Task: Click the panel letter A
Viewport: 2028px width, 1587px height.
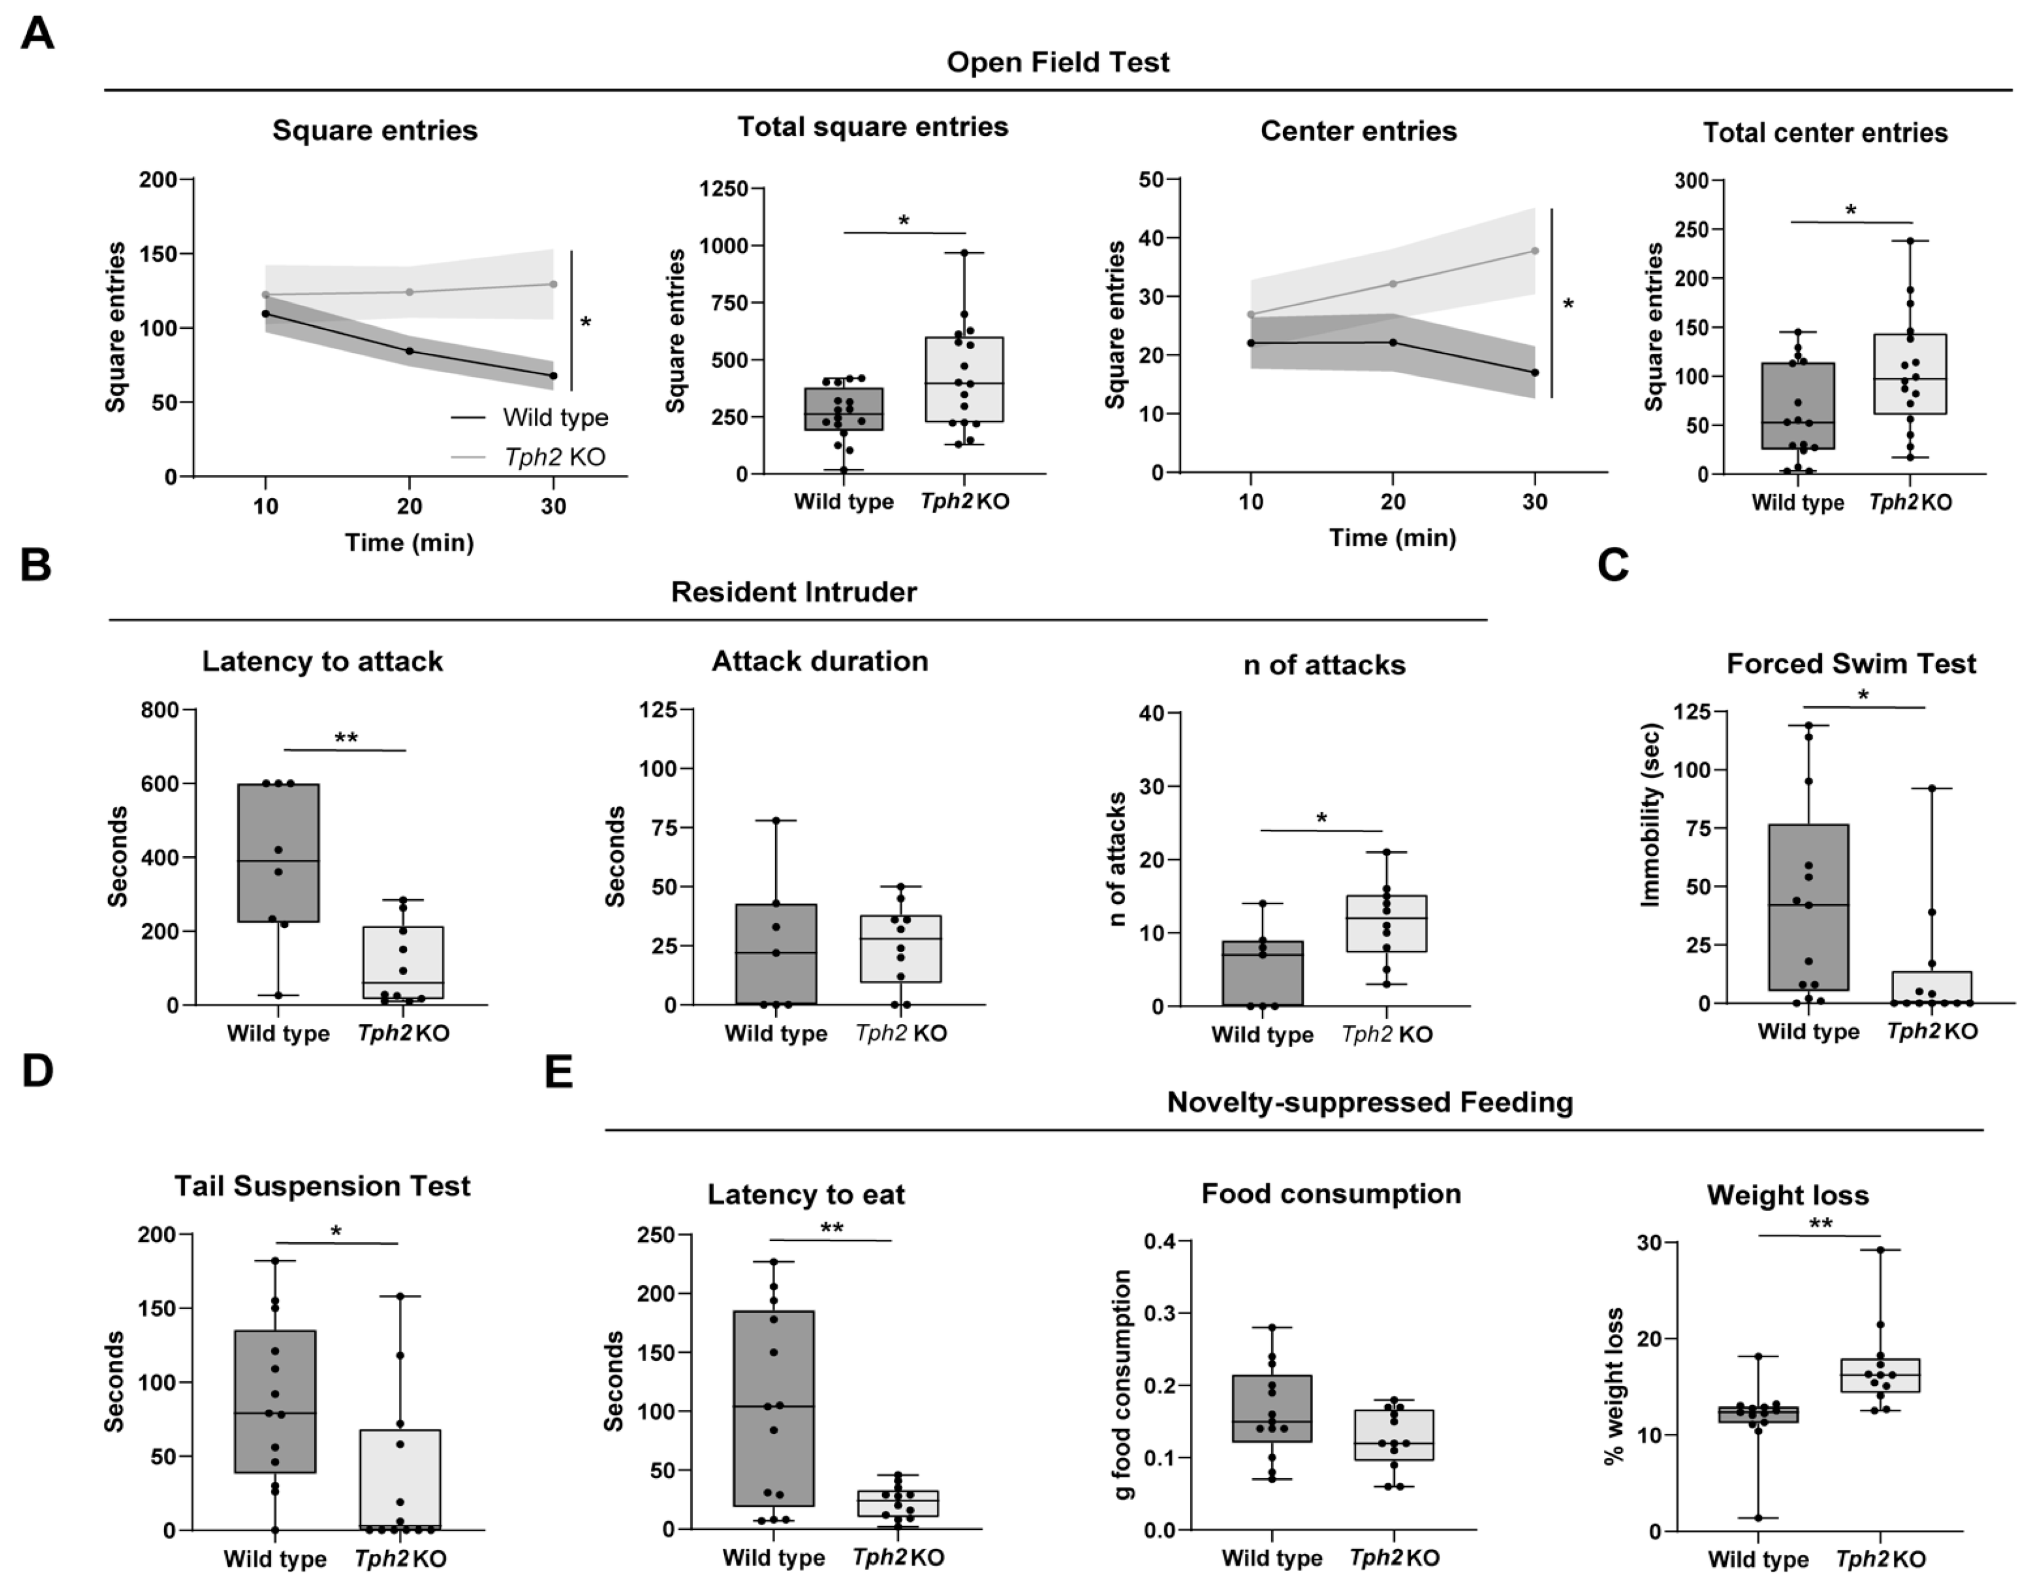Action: (37, 34)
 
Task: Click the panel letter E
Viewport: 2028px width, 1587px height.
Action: (559, 1073)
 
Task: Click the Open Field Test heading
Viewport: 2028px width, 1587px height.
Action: (1058, 62)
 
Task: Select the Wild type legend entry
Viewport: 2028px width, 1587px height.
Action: (530, 417)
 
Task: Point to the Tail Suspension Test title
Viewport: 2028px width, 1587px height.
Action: (323, 1186)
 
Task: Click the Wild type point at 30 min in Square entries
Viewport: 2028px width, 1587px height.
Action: (554, 376)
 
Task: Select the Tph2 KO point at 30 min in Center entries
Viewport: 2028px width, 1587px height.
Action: (1534, 251)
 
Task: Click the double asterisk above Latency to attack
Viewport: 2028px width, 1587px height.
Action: (345, 739)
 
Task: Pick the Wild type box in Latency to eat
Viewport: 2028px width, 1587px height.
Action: (774, 1409)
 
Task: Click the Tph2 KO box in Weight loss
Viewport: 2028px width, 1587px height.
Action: (1879, 1375)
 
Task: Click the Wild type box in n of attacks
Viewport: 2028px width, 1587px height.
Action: (1262, 973)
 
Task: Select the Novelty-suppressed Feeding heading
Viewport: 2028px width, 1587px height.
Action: (1370, 1102)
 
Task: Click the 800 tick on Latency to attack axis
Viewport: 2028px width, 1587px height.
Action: (160, 710)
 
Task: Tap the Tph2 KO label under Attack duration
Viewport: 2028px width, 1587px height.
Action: (901, 1033)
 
